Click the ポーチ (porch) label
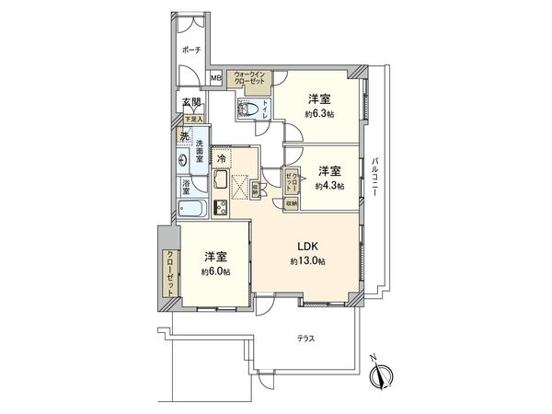191,50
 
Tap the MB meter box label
216,78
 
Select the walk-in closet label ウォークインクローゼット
248,79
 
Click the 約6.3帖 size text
318,114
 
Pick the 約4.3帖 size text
330,186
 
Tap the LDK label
305,246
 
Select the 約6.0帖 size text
215,272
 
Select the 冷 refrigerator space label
222,158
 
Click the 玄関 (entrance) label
190,102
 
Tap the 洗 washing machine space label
185,137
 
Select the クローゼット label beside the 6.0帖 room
170,272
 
